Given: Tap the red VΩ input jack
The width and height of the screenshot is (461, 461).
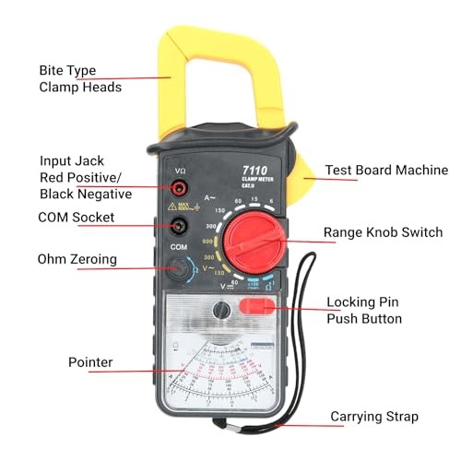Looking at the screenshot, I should pos(179,189).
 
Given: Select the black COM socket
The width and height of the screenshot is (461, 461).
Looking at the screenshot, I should pos(179,226).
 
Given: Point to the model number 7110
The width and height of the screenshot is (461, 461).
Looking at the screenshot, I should pos(254,170).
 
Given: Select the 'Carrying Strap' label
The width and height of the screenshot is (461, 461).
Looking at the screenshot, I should pos(374,417).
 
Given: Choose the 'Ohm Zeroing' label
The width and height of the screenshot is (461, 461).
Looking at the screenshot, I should pos(77,259).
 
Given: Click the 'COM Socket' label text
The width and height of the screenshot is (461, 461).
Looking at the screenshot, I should pos(77,218).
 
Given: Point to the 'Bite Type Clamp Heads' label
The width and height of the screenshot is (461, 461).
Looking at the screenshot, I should pos(79,78).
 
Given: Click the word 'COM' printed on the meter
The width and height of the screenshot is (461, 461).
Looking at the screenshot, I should pos(179,248).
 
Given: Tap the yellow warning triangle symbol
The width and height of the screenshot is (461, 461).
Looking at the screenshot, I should pos(172,207).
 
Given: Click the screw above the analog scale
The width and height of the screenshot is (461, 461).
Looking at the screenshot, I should pos(219,312).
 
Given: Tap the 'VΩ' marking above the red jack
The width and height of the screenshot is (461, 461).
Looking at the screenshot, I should pos(180,172).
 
